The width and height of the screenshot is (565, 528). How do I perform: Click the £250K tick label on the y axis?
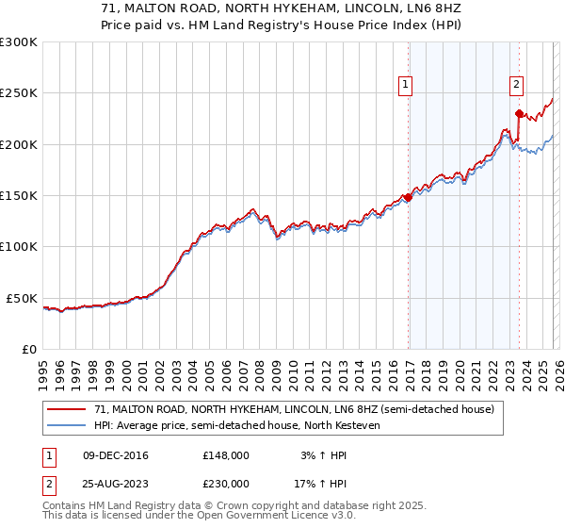[19, 93]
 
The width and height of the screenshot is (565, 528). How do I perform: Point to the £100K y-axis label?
[19, 247]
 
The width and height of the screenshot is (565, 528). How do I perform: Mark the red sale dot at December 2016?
[408, 197]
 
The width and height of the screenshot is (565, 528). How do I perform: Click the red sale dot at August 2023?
[519, 113]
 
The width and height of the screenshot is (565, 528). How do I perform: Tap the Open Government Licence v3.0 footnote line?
[200, 516]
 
